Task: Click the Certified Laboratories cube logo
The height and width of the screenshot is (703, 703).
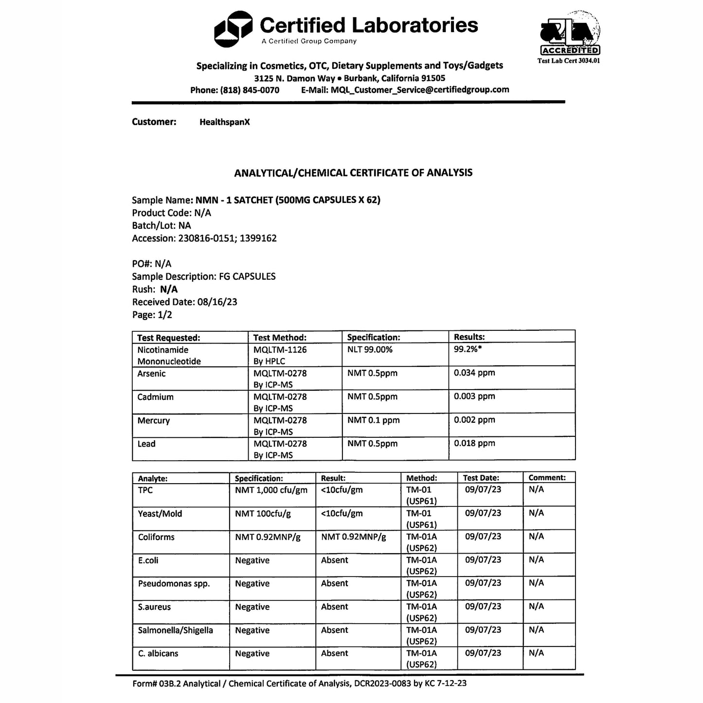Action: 233,29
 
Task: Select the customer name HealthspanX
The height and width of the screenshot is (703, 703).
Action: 224,122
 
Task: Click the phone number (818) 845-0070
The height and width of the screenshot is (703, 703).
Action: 250,90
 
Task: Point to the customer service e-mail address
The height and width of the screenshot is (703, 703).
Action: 420,90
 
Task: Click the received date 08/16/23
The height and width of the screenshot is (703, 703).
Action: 217,302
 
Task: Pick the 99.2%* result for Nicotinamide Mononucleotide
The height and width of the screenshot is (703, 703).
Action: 468,349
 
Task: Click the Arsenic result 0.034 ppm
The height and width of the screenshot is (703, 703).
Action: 474,373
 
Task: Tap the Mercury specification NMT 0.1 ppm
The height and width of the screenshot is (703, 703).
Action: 373,420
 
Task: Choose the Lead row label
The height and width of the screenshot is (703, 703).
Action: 146,444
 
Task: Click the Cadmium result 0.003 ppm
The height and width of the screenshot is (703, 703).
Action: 474,397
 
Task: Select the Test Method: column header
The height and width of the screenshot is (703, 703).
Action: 280,338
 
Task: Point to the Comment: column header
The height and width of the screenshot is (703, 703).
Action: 547,478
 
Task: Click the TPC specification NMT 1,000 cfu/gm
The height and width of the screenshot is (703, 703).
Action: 271,490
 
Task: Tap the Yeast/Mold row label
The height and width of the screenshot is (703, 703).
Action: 160,514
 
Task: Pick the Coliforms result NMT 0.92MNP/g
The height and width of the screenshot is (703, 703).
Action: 353,537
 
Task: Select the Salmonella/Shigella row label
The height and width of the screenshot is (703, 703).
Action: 175,631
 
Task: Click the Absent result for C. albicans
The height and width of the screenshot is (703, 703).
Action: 334,654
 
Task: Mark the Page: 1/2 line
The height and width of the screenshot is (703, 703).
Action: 152,315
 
